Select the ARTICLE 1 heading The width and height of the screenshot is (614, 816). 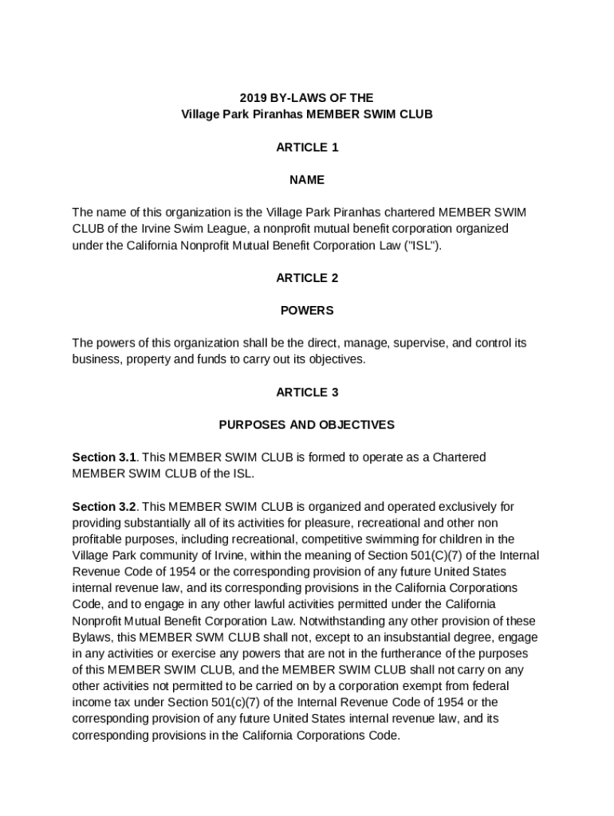coord(307,147)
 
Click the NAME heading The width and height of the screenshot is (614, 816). coord(307,180)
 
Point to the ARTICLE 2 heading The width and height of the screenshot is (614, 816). coord(307,278)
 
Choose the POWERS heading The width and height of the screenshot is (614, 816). coord(307,311)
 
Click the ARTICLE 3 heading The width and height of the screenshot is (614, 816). coord(307,392)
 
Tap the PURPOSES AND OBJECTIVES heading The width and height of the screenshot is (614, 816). coord(307,425)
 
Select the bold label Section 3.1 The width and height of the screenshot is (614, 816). coord(104,457)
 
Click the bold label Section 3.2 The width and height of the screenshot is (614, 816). coord(104,507)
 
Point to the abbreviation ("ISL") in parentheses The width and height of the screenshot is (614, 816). coord(420,245)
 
